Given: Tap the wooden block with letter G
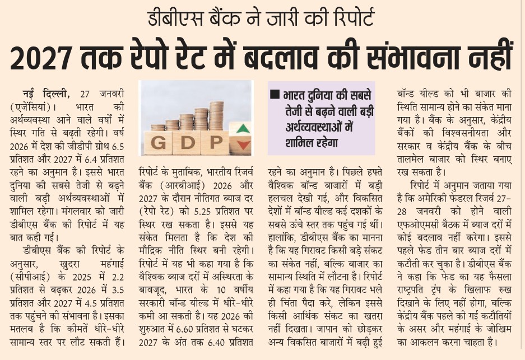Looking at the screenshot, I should click(159, 142).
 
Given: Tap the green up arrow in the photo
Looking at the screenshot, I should click(242, 129).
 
